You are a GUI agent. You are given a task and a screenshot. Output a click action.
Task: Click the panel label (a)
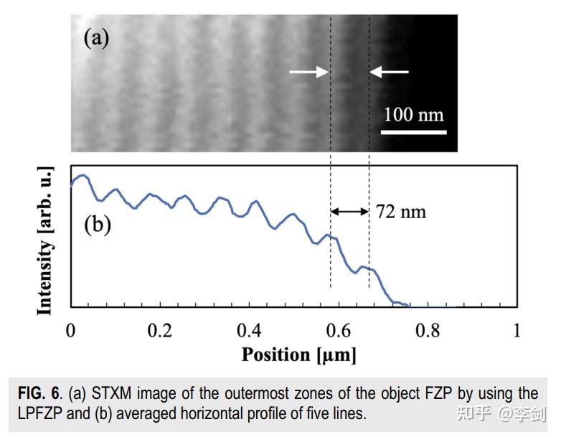[x=96, y=37]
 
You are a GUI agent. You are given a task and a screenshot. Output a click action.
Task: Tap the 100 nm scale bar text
[x=413, y=114]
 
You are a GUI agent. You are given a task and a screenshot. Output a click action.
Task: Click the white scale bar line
[x=413, y=132]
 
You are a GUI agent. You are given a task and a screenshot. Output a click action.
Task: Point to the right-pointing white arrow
[x=308, y=72]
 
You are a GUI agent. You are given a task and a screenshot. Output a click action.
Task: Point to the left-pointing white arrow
[x=390, y=72]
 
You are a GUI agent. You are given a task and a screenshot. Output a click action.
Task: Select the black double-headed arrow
[x=349, y=212]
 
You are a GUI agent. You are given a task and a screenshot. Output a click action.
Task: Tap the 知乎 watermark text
[x=481, y=413]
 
